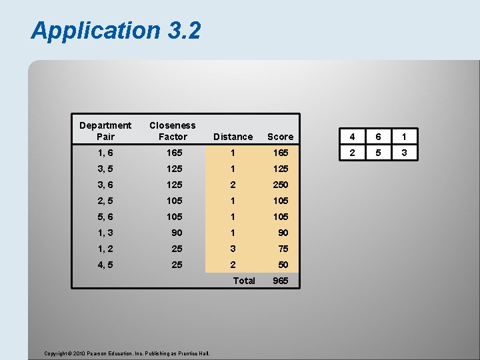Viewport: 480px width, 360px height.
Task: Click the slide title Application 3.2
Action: tap(115, 31)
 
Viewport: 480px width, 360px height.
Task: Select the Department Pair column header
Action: tap(105, 131)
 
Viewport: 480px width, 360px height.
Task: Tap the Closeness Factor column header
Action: tap(173, 131)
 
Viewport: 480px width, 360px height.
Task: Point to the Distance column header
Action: tap(233, 137)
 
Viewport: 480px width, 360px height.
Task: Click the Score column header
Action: tap(280, 137)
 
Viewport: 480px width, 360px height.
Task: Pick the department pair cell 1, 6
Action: tap(105, 153)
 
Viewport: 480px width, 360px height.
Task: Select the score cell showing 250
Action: tap(280, 185)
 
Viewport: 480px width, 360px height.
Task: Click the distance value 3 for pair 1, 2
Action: tap(233, 249)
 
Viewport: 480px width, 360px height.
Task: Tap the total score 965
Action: tap(280, 281)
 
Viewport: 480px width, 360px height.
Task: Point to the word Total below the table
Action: tap(243, 281)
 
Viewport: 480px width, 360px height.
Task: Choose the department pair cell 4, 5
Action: tap(105, 265)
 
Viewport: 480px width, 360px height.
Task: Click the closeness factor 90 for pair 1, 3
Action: tap(177, 233)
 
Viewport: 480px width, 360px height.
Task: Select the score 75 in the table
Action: tap(283, 249)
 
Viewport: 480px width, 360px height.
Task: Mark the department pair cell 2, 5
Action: tap(105, 201)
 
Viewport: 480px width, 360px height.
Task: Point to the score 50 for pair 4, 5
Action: tap(283, 265)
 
